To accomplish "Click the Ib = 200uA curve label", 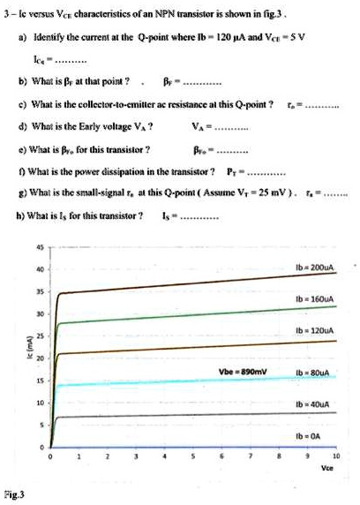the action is click(314, 264).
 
